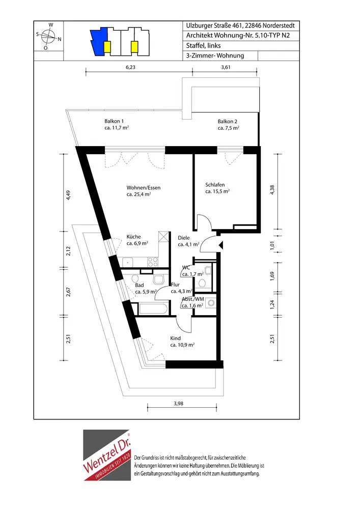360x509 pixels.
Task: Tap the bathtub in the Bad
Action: coord(154,308)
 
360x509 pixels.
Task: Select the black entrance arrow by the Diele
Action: coord(221,245)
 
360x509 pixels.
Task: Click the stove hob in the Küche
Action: coord(153,262)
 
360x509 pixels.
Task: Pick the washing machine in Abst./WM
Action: coord(211,303)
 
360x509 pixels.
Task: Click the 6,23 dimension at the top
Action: coord(130,67)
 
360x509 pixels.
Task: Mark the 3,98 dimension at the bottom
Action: coord(178,404)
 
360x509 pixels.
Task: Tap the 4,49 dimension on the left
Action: coord(68,195)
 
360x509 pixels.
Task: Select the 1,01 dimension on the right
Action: coord(272,245)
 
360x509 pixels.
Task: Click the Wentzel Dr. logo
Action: coord(107,455)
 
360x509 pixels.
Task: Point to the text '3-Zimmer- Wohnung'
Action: coord(215,55)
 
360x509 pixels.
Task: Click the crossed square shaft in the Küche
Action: coord(164,237)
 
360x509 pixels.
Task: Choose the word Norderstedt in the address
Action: coord(279,25)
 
